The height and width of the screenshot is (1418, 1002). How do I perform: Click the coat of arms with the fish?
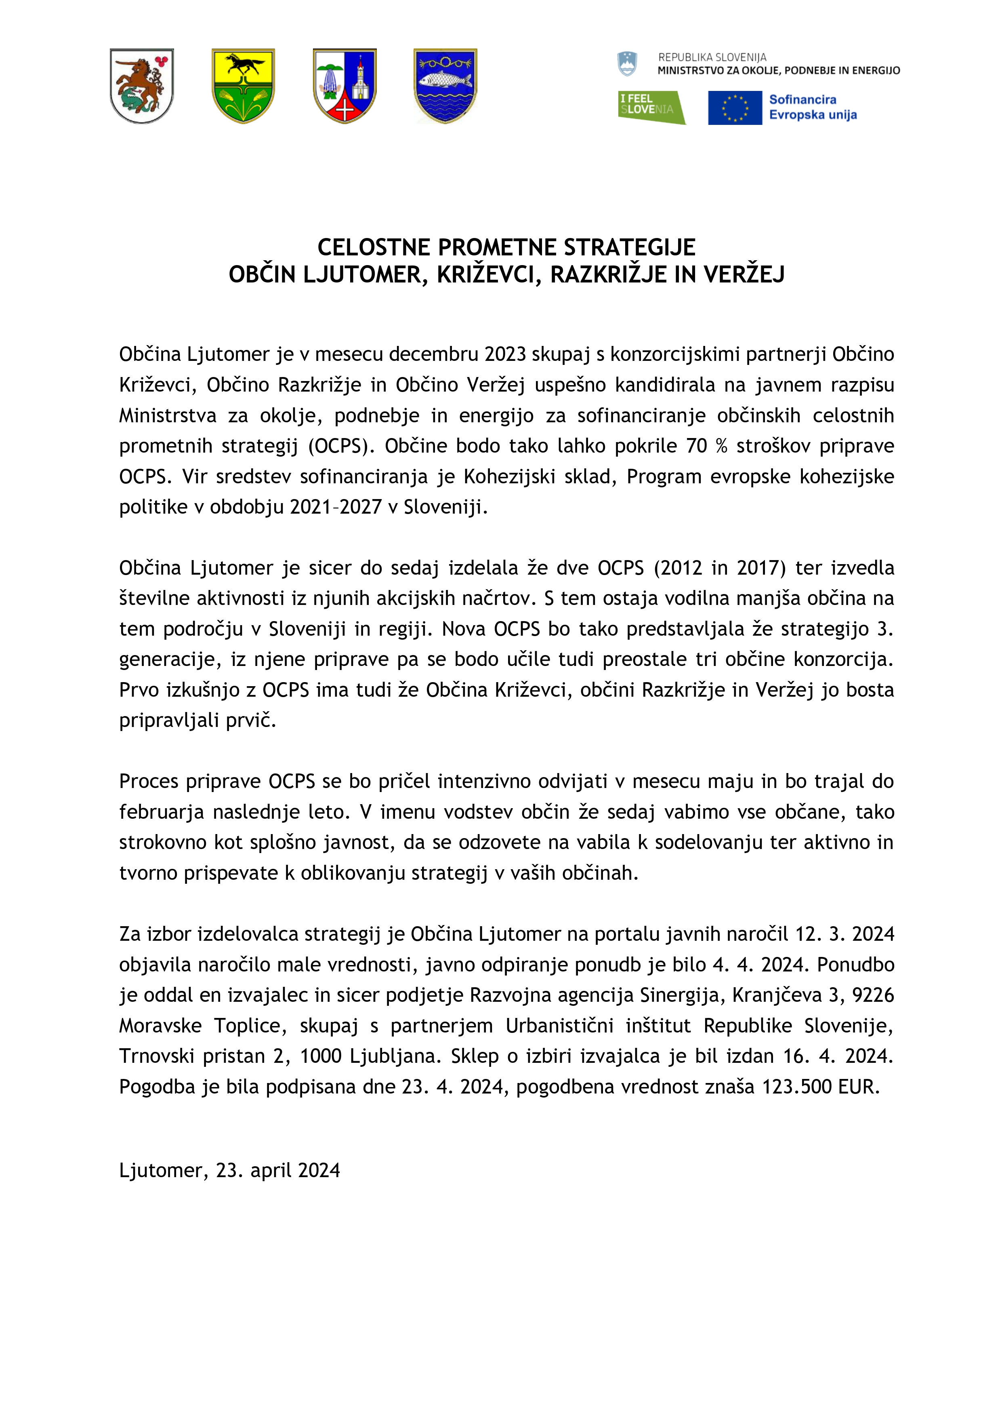tap(445, 86)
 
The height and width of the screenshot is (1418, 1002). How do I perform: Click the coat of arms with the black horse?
tap(243, 86)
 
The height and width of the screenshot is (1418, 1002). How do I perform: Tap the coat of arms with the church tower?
tap(345, 86)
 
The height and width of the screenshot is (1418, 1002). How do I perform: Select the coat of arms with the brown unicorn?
tap(142, 86)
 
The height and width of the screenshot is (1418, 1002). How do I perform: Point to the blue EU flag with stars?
tap(734, 107)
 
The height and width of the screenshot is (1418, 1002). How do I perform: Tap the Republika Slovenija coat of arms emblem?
tap(627, 63)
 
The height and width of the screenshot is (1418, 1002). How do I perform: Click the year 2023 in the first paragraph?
tap(504, 354)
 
